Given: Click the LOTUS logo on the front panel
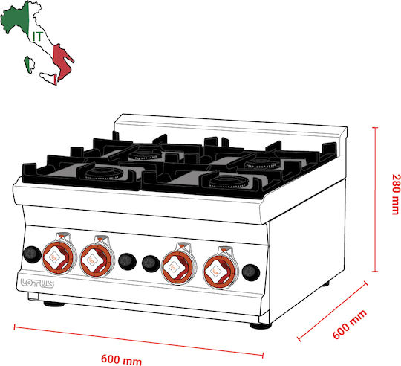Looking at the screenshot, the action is pyautogui.click(x=37, y=283).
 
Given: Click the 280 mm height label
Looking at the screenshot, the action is pyautogui.click(x=395, y=194).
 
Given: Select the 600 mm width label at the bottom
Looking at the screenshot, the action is pyautogui.click(x=121, y=359).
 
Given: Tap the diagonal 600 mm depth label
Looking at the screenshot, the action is pyautogui.click(x=350, y=324).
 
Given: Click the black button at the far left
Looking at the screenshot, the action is pyautogui.click(x=32, y=254).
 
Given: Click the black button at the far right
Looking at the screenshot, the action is pyautogui.click(x=251, y=272).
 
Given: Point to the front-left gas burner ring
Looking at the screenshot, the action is pyautogui.click(x=104, y=173).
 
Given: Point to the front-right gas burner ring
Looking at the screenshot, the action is pyautogui.click(x=229, y=182).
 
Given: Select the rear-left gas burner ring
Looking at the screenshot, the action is pyautogui.click(x=146, y=154).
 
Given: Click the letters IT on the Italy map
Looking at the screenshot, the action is pyautogui.click(x=37, y=36).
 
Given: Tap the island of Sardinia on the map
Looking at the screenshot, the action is pyautogui.click(x=30, y=65).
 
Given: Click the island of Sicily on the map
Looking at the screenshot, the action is pyautogui.click(x=48, y=78).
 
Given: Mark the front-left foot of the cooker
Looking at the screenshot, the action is pyautogui.click(x=54, y=304).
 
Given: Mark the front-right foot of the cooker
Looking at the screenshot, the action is pyautogui.click(x=260, y=326).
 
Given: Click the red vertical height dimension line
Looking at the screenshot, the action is pyautogui.click(x=375, y=199).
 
